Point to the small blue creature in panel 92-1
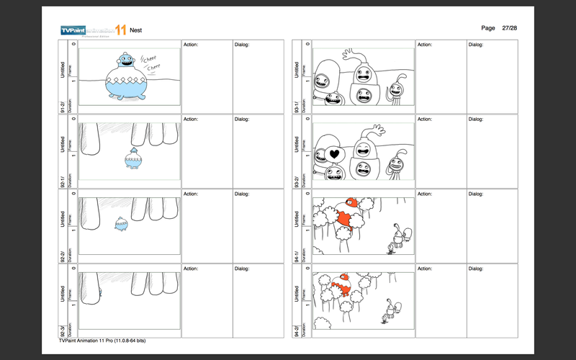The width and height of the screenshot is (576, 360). click(x=132, y=158)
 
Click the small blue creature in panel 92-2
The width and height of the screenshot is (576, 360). click(x=121, y=227)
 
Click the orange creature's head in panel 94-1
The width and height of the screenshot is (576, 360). click(x=351, y=204)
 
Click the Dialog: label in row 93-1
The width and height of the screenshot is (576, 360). click(x=476, y=45)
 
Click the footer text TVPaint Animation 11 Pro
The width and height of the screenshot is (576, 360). click(x=103, y=340)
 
